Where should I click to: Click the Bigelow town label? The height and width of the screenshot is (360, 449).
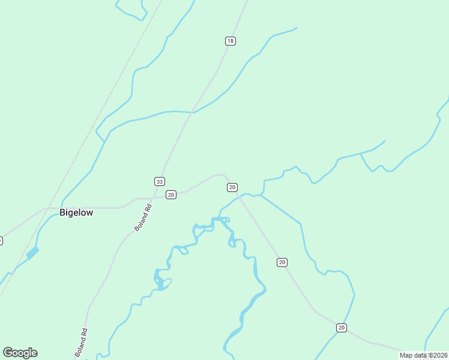(76, 212)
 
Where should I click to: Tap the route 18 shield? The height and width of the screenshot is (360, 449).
(231, 41)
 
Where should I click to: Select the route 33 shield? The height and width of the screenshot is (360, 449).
(159, 181)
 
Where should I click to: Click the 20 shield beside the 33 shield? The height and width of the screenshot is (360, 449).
(171, 194)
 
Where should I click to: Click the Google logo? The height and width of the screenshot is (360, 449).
(20, 353)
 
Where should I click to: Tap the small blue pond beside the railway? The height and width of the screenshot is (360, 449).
(32, 253)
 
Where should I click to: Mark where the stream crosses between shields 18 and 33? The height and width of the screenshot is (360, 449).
(192, 112)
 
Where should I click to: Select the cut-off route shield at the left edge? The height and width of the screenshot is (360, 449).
(1, 241)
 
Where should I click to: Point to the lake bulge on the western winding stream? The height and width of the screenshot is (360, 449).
(159, 280)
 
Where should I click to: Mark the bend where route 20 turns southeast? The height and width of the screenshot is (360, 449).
(223, 175)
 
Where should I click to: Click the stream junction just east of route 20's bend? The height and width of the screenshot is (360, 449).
(261, 194)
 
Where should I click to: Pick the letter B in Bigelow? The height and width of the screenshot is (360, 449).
(62, 212)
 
